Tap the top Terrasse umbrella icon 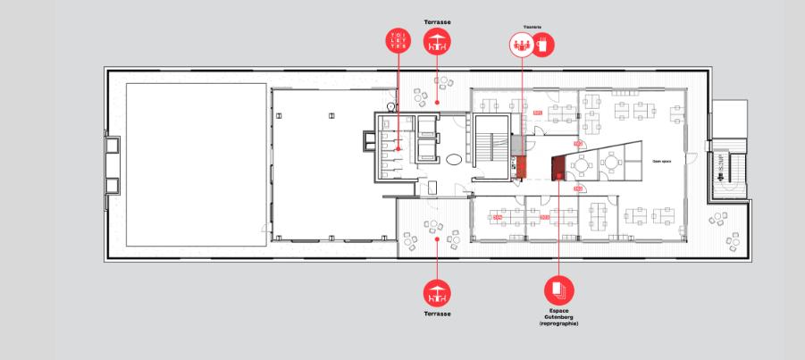[x=437, y=42]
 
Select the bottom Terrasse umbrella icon [x=437, y=291]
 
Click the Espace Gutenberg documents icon [x=559, y=290]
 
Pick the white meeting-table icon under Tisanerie [x=521, y=45]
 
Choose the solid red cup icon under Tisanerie [x=543, y=45]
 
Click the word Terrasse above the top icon [x=437, y=20]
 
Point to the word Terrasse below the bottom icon [x=437, y=314]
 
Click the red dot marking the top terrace [x=437, y=103]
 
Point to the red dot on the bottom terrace [x=437, y=239]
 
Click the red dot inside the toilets [x=397, y=149]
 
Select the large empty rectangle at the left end [x=196, y=165]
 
